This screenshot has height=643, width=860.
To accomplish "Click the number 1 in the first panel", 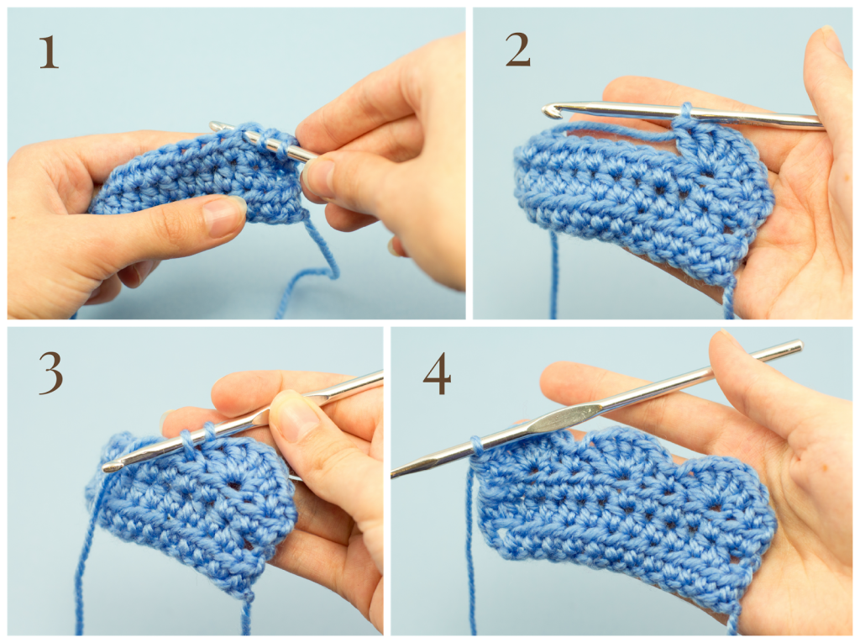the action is pyautogui.click(x=49, y=52).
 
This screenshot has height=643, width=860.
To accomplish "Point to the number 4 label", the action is pyautogui.click(x=437, y=374).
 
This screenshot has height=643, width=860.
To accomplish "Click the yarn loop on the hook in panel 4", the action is pyautogui.click(x=477, y=445).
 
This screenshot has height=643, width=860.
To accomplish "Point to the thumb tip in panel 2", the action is pyautogui.click(x=826, y=40).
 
